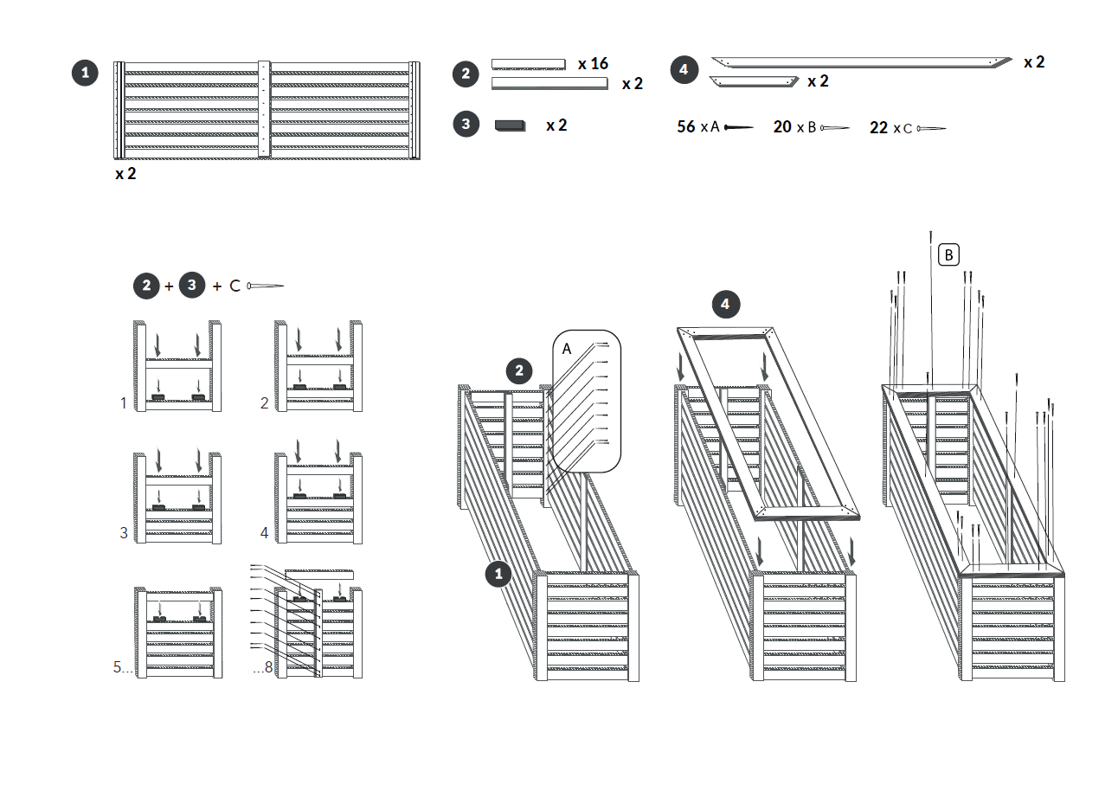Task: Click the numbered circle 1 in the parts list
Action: [x=85, y=73]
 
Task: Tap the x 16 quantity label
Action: [x=593, y=63]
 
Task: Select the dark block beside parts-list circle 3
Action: [x=510, y=125]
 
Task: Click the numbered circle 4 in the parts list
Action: [x=684, y=69]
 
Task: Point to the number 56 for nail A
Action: [x=686, y=127]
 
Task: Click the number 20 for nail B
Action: [x=782, y=127]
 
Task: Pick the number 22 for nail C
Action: [x=879, y=128]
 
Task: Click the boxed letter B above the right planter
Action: [x=949, y=254]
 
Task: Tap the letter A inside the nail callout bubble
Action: [x=567, y=348]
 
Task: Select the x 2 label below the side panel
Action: [x=125, y=174]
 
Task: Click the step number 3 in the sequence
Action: [x=124, y=533]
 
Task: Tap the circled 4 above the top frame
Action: [x=725, y=304]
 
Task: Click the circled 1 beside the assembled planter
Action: [x=498, y=573]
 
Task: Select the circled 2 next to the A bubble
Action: [x=519, y=372]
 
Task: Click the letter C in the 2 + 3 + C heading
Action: [x=235, y=286]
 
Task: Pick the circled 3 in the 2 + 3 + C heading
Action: [x=192, y=286]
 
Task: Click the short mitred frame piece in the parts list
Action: [x=753, y=81]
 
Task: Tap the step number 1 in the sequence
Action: [x=124, y=402]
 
